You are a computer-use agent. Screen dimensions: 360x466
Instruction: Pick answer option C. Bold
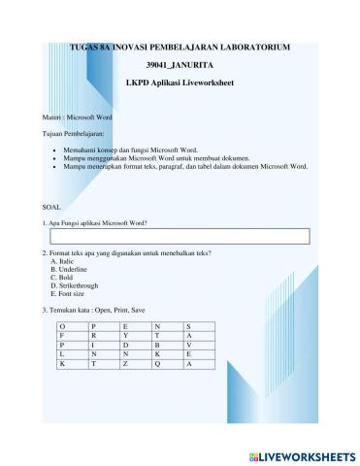pos(61,278)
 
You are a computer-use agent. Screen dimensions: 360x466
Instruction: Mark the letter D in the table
pos(125,345)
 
